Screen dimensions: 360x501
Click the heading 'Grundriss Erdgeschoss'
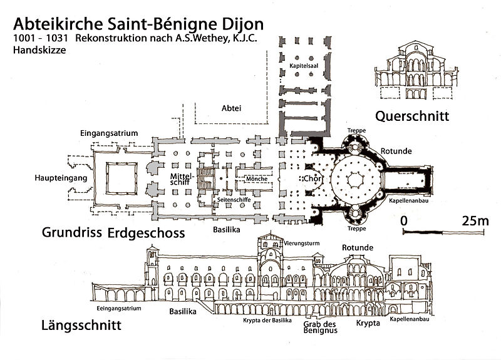[x=113, y=234]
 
